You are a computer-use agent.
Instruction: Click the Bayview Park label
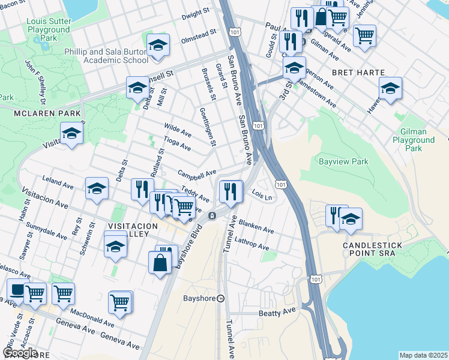(x=343, y=162)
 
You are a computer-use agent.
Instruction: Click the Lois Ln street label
(x=262, y=195)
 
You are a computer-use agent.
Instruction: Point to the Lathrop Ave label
(x=253, y=242)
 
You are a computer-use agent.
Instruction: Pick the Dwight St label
(x=197, y=13)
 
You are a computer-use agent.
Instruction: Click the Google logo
(x=20, y=352)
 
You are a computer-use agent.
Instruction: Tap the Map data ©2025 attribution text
(x=423, y=355)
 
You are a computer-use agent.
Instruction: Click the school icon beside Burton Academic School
(x=158, y=46)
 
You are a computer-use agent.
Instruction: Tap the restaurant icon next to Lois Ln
(x=231, y=191)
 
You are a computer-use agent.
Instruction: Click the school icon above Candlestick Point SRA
(x=351, y=219)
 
